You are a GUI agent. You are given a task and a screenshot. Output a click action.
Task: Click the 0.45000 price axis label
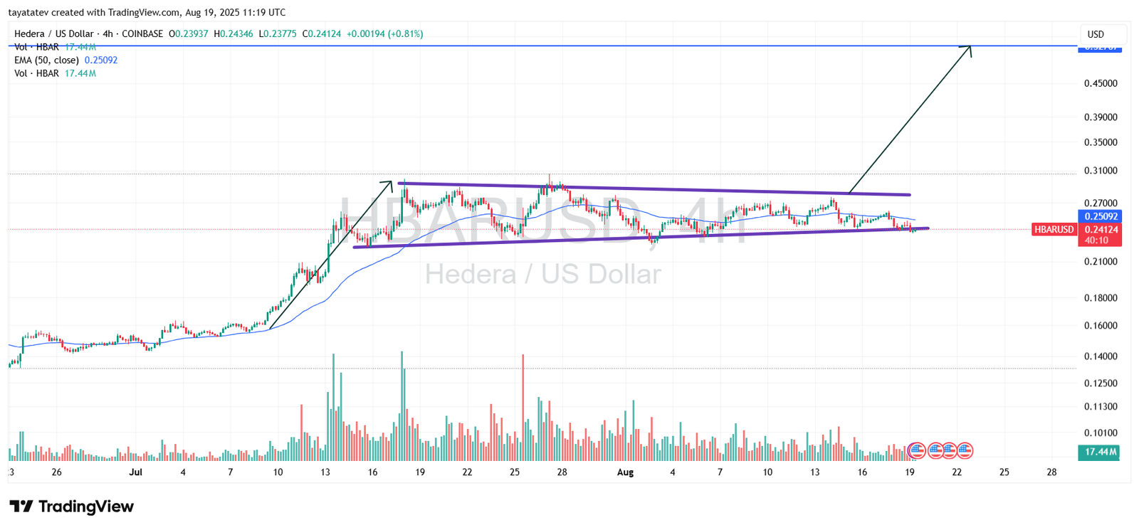click(x=1101, y=83)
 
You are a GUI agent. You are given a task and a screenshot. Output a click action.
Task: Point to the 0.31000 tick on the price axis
click(x=1101, y=171)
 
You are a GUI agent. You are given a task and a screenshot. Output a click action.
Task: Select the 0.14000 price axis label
click(x=1101, y=356)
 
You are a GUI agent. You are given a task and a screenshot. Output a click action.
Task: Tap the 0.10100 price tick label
click(x=1101, y=433)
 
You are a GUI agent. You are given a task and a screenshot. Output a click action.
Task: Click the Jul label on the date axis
click(x=136, y=472)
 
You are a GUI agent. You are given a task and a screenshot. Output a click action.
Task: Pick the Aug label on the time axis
click(x=625, y=472)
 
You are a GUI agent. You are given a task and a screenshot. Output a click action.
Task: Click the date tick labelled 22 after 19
click(x=957, y=472)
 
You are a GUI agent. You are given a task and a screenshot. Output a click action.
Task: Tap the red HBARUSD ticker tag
click(x=1054, y=229)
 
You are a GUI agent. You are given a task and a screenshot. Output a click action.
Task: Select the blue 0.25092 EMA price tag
click(x=1101, y=216)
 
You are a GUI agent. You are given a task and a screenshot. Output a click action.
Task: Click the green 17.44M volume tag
click(x=1101, y=452)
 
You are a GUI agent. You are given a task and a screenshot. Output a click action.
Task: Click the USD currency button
click(x=1096, y=34)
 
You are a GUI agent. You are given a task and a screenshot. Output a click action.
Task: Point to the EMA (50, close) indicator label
click(x=46, y=60)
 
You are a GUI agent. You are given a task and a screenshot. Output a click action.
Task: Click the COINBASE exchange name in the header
click(x=142, y=34)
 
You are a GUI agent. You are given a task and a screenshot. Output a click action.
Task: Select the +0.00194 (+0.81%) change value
click(x=384, y=34)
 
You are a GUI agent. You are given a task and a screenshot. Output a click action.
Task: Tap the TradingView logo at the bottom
click(x=71, y=507)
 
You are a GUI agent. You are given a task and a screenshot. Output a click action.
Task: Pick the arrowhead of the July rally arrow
click(x=389, y=184)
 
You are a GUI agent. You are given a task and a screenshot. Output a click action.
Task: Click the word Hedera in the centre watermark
click(x=471, y=275)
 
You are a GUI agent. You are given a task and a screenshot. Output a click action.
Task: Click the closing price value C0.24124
click(x=322, y=34)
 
